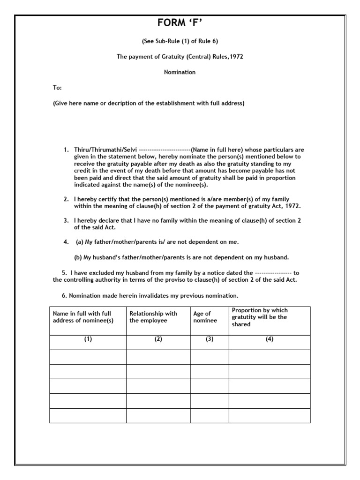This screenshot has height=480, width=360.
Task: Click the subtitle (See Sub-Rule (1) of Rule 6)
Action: coord(180,42)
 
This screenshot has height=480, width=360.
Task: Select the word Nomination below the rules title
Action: coord(180,72)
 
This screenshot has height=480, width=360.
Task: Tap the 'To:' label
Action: coord(57,88)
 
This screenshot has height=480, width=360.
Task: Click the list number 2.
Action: coord(66,199)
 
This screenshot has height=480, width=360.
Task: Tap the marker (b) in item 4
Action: coord(78,257)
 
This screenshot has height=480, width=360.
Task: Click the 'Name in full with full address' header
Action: coord(82,317)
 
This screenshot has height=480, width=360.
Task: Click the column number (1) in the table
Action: coord(88,340)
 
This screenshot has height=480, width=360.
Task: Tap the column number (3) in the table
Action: coord(209,340)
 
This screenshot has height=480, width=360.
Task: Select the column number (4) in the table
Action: coord(269,340)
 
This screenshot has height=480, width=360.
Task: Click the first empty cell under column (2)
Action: coord(158,357)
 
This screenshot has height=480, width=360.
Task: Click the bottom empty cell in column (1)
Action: coord(88,415)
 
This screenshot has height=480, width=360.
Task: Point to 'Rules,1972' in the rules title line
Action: coord(228,57)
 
